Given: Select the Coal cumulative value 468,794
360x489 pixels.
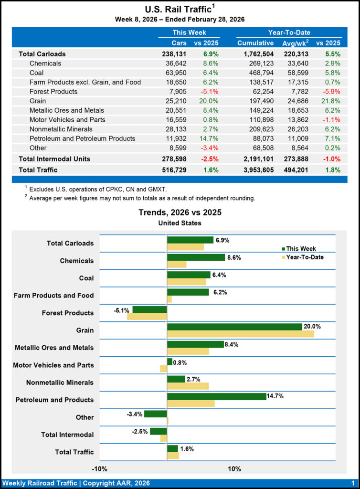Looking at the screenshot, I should point(261,73).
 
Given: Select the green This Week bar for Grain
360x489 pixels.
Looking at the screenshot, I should point(234,327).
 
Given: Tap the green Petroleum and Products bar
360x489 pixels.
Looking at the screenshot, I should point(216,396).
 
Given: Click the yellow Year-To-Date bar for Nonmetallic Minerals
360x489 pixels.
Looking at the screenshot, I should point(188,386).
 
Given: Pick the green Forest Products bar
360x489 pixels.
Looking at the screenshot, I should point(149,309).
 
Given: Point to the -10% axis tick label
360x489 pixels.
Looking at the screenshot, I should point(100,468).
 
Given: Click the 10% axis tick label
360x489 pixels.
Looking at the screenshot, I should point(234,468).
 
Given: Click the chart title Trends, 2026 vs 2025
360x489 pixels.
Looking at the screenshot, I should point(180,213).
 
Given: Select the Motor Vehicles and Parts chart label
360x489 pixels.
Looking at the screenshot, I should point(53,365).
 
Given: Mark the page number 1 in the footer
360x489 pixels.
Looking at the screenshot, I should point(352,483).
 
